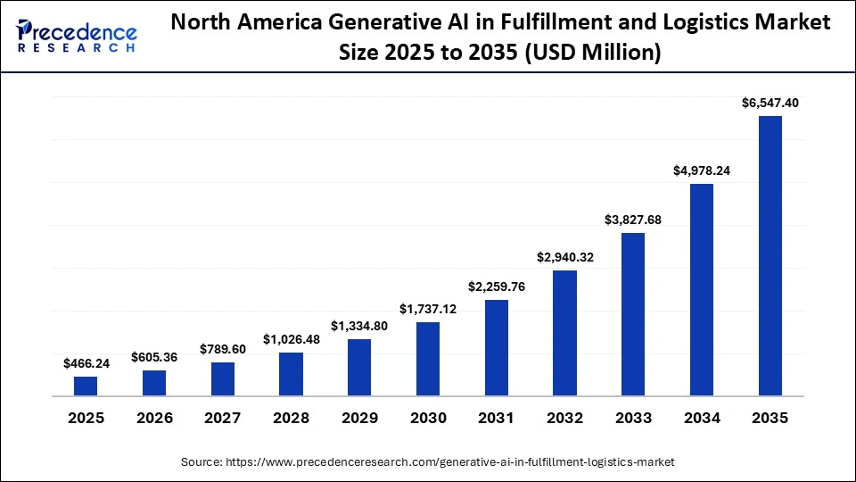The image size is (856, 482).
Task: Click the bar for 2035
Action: (770, 255)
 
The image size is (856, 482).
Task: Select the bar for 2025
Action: (86, 386)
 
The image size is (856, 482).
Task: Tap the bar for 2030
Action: (428, 359)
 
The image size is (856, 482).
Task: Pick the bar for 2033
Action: (633, 314)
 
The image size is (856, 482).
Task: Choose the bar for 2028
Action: (291, 374)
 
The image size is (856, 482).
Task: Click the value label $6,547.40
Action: (770, 103)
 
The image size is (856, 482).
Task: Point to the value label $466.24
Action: (86, 363)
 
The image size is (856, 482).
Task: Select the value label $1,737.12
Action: (428, 309)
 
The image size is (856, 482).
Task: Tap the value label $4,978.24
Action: (701, 170)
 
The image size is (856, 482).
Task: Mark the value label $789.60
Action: (222, 349)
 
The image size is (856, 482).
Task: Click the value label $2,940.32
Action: (564, 257)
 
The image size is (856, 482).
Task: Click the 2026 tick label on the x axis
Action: (154, 418)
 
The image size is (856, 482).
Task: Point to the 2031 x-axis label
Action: (496, 418)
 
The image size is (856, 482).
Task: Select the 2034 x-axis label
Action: (701, 418)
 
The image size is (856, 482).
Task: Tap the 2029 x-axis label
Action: (359, 418)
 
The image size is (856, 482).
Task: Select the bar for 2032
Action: (564, 333)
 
